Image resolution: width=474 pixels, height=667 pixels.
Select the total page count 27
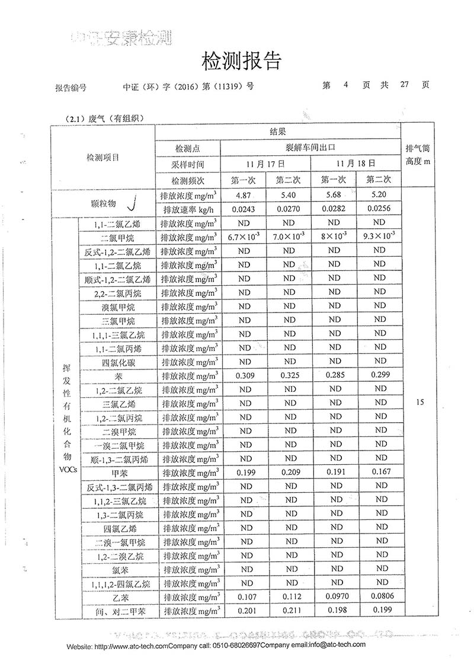[x=405, y=85]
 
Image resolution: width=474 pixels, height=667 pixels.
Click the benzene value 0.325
[x=290, y=375]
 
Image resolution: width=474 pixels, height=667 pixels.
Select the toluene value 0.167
[x=379, y=473]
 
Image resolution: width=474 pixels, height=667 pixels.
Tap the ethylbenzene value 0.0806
[x=379, y=596]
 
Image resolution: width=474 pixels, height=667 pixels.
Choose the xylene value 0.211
[x=290, y=611]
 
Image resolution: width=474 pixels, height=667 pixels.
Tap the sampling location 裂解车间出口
[x=311, y=148]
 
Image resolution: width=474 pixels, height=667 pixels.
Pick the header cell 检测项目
[x=103, y=158]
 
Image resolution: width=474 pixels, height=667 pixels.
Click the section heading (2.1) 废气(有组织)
[x=105, y=119]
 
